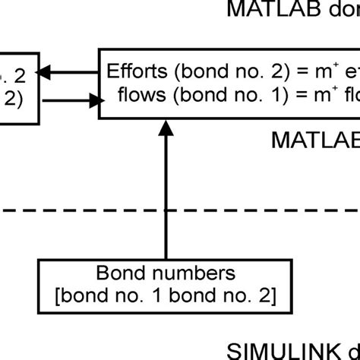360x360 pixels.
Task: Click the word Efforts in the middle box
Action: (135, 73)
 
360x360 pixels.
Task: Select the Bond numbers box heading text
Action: (166, 272)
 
